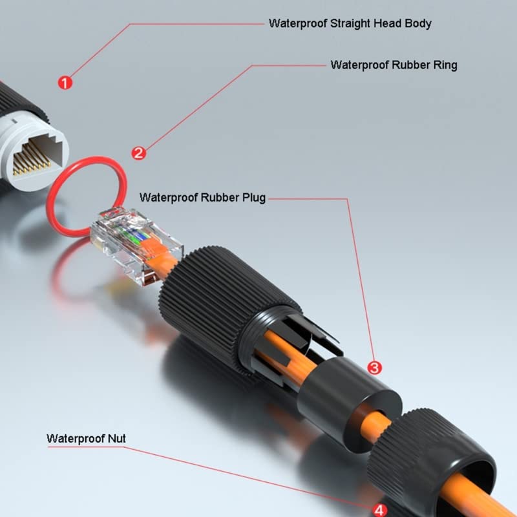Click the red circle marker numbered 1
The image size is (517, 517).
coord(65,83)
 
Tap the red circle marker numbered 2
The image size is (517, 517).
coord(138,153)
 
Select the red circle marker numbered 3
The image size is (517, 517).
coord(374,367)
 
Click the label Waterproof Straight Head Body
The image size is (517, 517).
coord(350,23)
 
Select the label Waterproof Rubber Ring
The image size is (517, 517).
coord(394,65)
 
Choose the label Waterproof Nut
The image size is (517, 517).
coord(86,439)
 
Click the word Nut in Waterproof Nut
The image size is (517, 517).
coord(116,439)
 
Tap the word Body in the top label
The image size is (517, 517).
coord(418,23)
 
